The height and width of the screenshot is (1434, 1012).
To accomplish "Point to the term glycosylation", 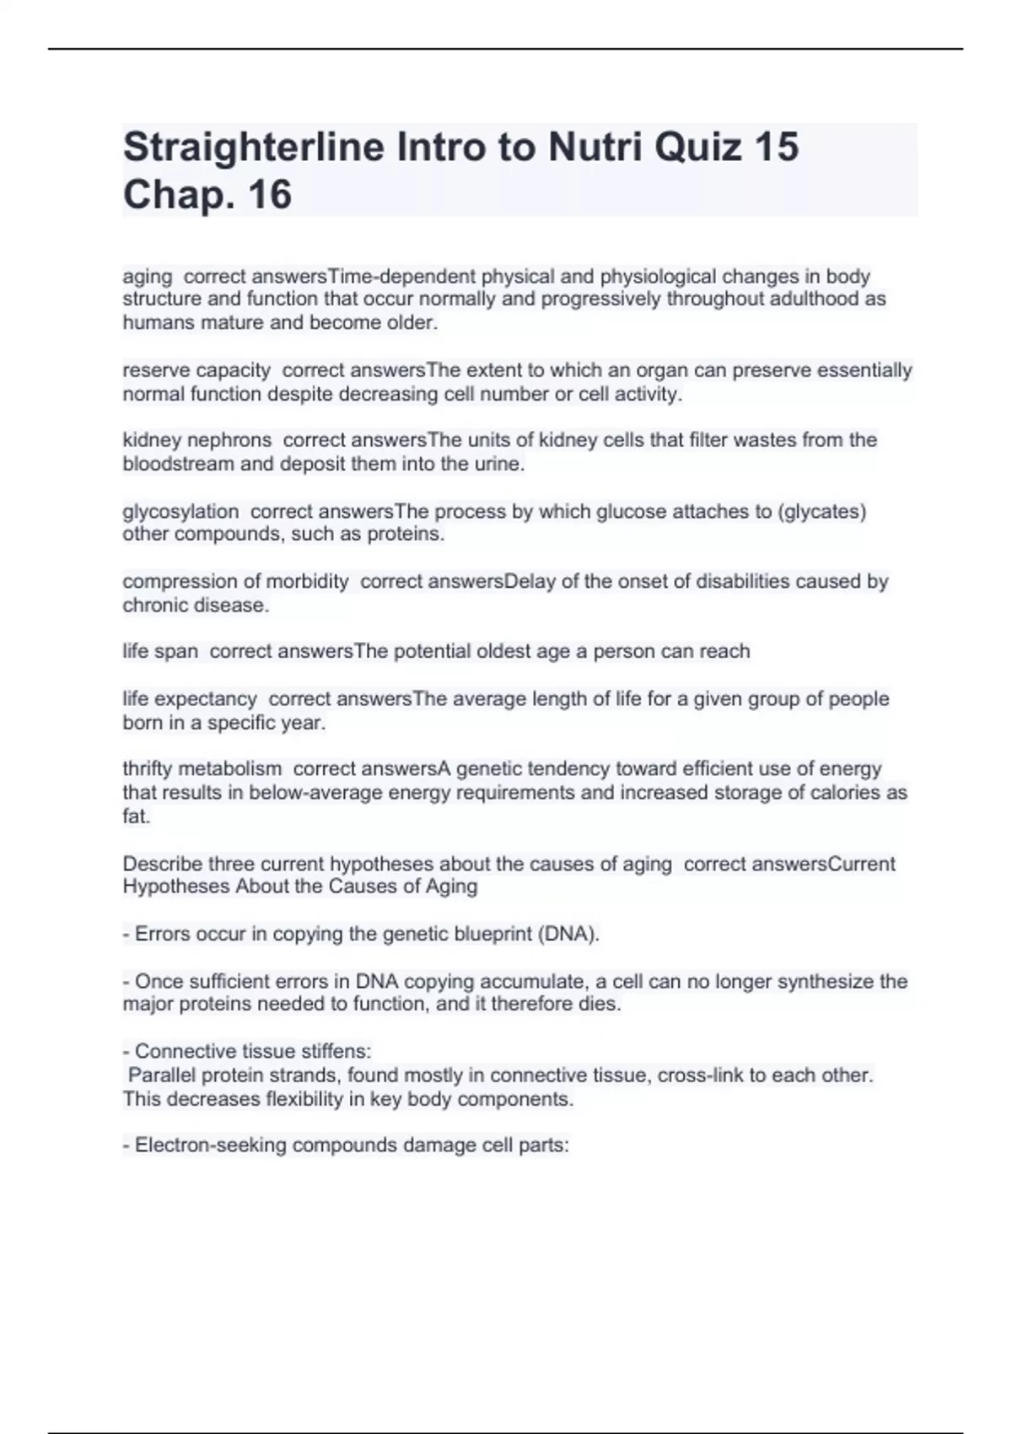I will tap(180, 512).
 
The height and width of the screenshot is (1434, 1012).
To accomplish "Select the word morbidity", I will tap(307, 582).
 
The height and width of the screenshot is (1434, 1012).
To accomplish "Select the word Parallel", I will tap(162, 1075).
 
